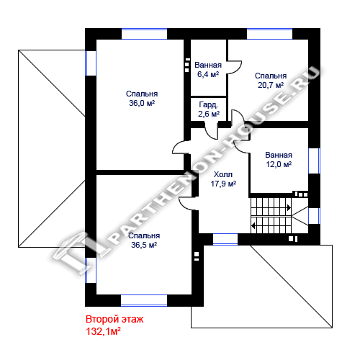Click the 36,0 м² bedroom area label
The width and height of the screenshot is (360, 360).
tap(142, 103)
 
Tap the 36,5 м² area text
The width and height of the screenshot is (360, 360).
tap(144, 245)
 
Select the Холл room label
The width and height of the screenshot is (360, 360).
tap(223, 174)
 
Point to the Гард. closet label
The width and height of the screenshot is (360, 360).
tap(209, 104)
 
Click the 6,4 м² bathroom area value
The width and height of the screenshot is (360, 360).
tap(208, 74)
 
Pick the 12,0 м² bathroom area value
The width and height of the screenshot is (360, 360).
tap(279, 164)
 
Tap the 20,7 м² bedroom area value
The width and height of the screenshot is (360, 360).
tap(271, 85)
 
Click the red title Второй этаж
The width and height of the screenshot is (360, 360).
tap(114, 319)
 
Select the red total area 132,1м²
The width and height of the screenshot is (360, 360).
tap(103, 331)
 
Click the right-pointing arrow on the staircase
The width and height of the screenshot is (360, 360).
tap(289, 207)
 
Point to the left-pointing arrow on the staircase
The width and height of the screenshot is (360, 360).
tap(253, 225)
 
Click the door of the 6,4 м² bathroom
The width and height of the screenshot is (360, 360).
tap(235, 67)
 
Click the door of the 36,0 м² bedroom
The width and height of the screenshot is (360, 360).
tap(181, 147)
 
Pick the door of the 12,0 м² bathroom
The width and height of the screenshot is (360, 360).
tap(242, 145)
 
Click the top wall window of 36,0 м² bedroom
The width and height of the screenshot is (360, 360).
tap(144, 34)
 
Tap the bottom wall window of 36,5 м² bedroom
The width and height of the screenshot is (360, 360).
tap(144, 300)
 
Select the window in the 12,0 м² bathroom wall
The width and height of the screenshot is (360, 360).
tap(314, 161)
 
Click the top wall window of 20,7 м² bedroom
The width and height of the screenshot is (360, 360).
tap(270, 34)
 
